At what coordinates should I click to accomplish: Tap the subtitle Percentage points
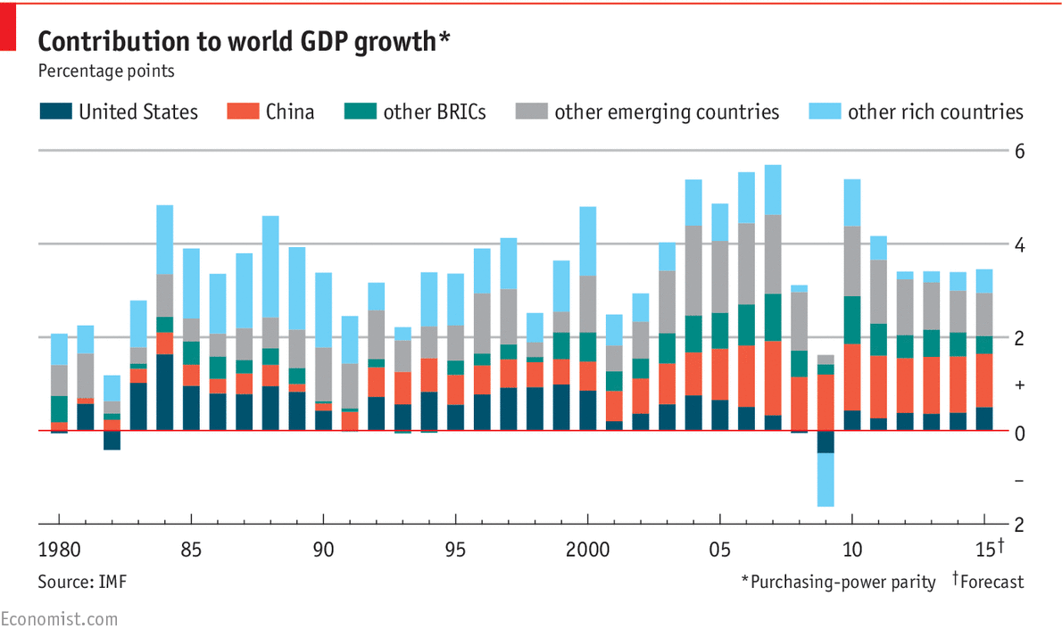click(106, 70)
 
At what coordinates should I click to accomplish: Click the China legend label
click(289, 112)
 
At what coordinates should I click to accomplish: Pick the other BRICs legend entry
click(434, 112)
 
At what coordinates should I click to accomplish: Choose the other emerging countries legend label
click(666, 112)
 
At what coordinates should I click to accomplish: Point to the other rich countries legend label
click(934, 112)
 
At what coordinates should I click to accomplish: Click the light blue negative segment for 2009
click(826, 480)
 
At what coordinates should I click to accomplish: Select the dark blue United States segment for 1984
click(164, 393)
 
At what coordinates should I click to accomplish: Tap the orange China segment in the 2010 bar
click(852, 376)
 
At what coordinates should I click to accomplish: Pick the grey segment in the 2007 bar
click(773, 254)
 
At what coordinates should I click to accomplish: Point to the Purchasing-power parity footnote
click(839, 582)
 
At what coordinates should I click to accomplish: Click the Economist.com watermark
click(59, 618)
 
